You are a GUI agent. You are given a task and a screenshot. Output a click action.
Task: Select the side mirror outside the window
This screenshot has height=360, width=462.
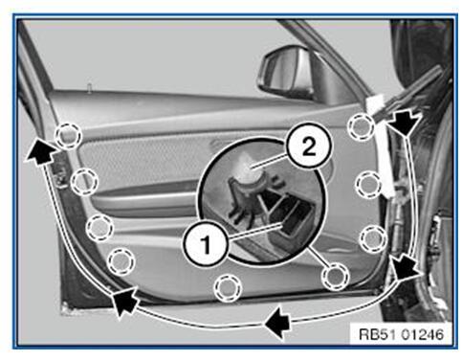(287, 70)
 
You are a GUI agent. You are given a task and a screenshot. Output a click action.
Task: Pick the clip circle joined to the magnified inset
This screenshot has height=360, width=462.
(333, 276)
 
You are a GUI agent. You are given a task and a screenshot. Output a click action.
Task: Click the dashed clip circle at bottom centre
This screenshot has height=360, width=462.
(226, 285)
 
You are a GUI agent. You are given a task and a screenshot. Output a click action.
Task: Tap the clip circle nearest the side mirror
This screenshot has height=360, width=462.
(361, 125)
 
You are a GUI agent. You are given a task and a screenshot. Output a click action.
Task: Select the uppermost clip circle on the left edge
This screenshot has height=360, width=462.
(66, 135)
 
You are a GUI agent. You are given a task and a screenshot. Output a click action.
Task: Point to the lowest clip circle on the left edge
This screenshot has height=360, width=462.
(121, 260)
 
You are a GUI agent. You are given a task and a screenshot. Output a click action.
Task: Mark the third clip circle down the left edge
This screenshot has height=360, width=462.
(99, 227)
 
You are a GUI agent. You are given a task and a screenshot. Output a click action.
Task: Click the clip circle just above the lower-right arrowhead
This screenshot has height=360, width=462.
(372, 236)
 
